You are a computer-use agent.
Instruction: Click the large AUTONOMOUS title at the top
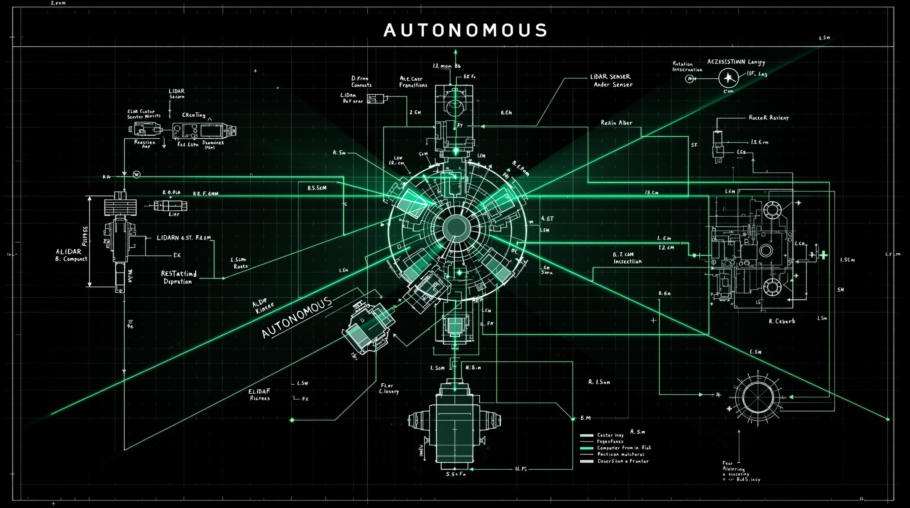(x=465, y=30)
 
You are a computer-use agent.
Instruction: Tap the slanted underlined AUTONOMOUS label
(x=297, y=317)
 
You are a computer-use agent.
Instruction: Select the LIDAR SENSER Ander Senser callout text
(x=612, y=81)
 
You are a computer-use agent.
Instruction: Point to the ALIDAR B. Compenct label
(x=71, y=255)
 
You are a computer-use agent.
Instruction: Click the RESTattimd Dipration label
(x=179, y=277)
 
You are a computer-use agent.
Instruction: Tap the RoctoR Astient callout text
(x=768, y=118)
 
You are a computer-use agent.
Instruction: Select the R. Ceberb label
(x=782, y=321)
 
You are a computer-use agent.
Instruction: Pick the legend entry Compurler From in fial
(x=624, y=447)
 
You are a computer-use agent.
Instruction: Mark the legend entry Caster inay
(x=610, y=435)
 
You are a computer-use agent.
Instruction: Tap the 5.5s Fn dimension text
(x=456, y=474)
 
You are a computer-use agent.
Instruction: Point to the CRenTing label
(x=193, y=115)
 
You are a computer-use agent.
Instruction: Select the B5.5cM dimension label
(x=317, y=188)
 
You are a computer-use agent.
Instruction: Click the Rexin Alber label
(x=616, y=123)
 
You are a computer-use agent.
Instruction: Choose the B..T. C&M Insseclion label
(x=627, y=258)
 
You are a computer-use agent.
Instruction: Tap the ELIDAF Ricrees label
(x=259, y=395)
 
